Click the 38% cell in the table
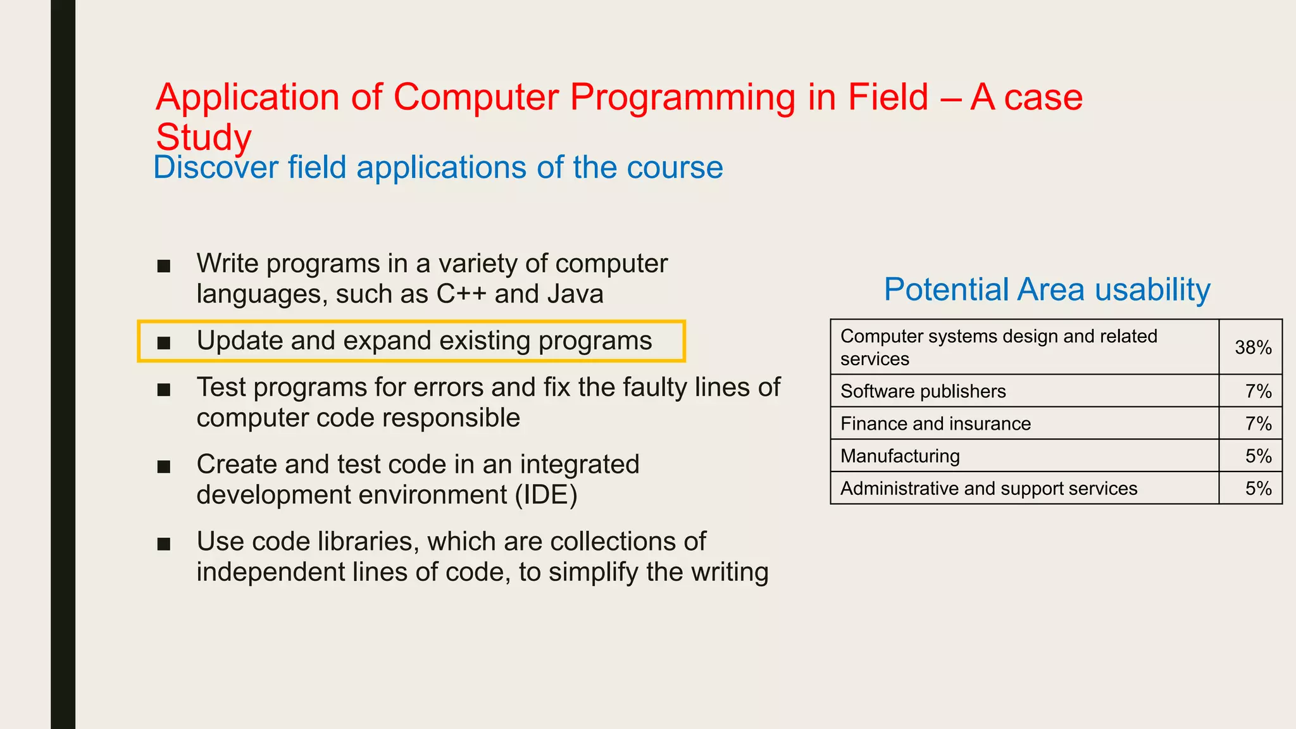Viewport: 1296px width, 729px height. point(1252,347)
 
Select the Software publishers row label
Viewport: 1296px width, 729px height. point(923,391)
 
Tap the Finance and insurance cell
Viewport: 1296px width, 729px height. point(935,423)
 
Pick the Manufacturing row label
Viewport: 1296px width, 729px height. point(900,456)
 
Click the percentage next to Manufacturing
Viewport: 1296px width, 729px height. point(1258,456)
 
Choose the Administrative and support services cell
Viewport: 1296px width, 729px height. point(988,488)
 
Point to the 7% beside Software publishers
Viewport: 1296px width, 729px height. point(1258,391)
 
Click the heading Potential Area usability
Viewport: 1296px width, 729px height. point(1047,289)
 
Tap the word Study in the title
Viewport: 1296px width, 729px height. point(203,137)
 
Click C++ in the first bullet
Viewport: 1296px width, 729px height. point(461,294)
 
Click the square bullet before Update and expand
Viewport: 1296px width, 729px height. point(164,342)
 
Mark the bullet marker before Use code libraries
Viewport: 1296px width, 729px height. point(164,544)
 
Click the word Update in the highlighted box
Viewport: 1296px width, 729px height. point(239,341)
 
